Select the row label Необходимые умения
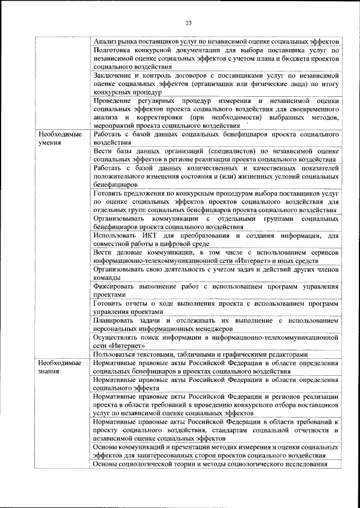[x=59, y=139]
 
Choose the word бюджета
[x=287, y=58]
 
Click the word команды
[x=107, y=278]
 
